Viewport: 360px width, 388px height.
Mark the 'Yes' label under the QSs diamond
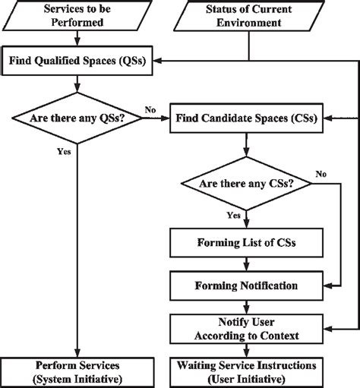pyautogui.click(x=64, y=151)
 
